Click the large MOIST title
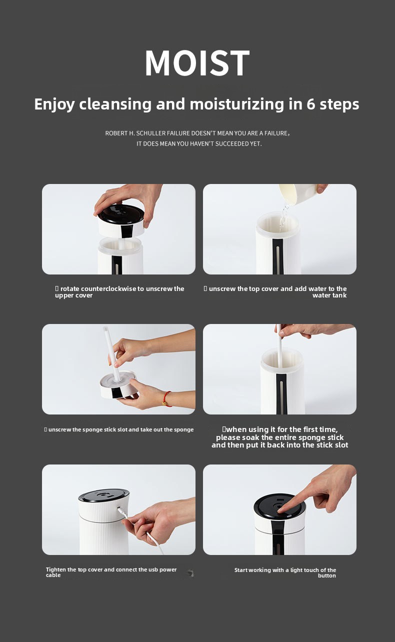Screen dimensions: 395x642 (x=197, y=62)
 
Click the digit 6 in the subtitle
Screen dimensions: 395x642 (x=310, y=104)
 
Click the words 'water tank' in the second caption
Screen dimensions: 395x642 (x=329, y=295)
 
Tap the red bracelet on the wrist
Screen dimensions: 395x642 (x=167, y=398)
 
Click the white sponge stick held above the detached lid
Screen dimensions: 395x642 (x=111, y=353)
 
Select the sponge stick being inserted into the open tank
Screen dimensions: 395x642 (x=279, y=345)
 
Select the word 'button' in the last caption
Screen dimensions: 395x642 (x=327, y=576)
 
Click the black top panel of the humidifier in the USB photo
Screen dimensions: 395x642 (x=104, y=495)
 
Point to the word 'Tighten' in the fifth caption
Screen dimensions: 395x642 (x=56, y=569)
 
